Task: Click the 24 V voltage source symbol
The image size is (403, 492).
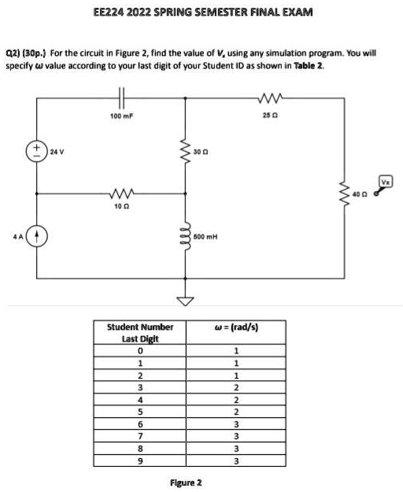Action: [x=37, y=152]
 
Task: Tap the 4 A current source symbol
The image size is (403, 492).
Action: [x=37, y=236]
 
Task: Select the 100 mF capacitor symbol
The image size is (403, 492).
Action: [x=122, y=98]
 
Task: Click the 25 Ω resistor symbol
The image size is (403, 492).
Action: [x=271, y=98]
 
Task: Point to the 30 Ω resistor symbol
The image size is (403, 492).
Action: [x=185, y=152]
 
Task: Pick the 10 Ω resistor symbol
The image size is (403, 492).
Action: [x=122, y=194]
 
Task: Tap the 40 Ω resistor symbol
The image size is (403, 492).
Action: [x=344, y=194]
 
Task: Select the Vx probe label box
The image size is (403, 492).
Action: [x=386, y=182]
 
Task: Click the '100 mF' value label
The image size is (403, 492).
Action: [x=122, y=116]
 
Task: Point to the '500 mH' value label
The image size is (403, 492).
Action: [x=205, y=236]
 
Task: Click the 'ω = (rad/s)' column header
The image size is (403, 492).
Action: [x=236, y=327]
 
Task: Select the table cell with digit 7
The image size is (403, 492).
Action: [x=140, y=436]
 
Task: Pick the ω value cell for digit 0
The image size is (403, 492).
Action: [x=236, y=350]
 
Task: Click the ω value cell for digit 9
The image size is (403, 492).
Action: [x=236, y=461]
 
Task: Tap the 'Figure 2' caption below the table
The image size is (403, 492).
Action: [x=186, y=483]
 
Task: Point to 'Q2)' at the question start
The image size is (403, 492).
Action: [x=13, y=53]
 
